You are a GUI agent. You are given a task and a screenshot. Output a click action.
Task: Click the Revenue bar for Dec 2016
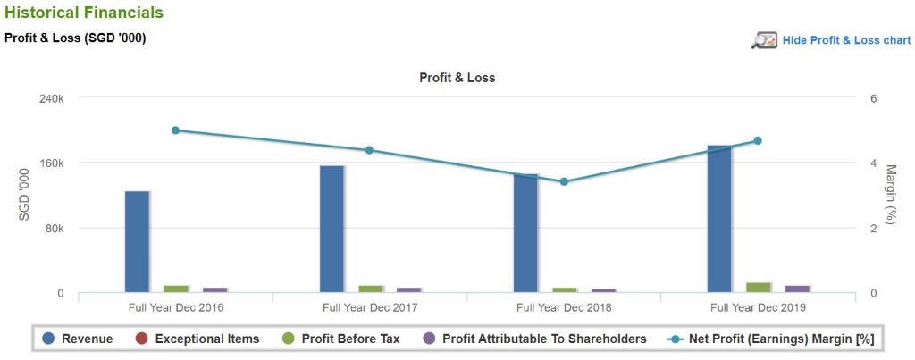pos(137,241)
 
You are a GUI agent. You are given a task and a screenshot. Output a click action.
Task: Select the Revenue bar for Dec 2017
pos(332,229)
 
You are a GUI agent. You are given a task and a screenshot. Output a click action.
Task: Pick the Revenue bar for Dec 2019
pos(719,218)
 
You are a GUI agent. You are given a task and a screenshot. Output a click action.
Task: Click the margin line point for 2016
pos(175,130)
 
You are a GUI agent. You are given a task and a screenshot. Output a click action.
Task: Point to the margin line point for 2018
pos(564,181)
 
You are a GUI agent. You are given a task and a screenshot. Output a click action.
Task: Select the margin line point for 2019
pos(758,140)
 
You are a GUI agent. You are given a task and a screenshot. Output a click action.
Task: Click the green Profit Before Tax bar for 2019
pos(759,287)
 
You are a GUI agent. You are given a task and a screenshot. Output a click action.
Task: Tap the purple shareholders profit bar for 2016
pos(215,289)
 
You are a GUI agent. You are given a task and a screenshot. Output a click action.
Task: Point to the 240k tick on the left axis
pos(48,98)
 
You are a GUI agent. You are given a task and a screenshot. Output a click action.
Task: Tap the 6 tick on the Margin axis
pos(873,98)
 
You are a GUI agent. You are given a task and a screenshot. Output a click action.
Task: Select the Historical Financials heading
pos(84,13)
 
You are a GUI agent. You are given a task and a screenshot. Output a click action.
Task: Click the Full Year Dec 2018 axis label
pos(564,307)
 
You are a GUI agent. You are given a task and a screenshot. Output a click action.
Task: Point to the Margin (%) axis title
pos(890,195)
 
